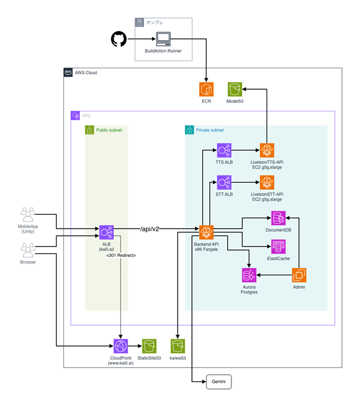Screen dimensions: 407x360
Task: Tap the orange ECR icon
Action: (206, 90)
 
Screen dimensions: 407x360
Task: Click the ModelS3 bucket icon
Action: (235, 90)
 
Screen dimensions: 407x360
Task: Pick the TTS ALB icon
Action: (225, 151)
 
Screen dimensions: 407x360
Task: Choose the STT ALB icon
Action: (225, 183)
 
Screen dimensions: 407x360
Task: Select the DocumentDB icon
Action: (279, 218)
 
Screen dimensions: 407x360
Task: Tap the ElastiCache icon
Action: (279, 247)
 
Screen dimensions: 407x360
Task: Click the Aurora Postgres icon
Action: (249, 275)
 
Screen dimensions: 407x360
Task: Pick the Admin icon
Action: (299, 275)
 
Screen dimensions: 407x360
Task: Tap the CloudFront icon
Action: (120, 346)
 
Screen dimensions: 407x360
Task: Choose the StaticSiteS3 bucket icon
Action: (150, 346)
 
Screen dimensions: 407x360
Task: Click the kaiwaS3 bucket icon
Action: (178, 346)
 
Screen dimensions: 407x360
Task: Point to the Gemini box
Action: (218, 381)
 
